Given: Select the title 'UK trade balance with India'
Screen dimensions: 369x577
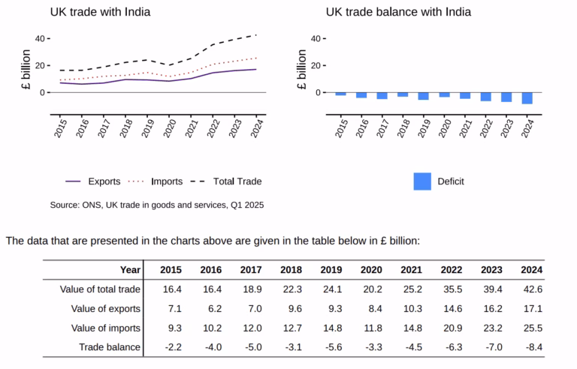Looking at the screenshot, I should tap(398, 12).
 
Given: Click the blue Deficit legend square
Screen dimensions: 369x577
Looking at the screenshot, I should tap(422, 181).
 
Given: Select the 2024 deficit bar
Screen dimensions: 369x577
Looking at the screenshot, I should tap(527, 98).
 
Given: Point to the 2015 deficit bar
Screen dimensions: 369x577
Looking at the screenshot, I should tap(340, 94).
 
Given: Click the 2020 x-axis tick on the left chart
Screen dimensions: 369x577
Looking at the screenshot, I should tap(171, 127).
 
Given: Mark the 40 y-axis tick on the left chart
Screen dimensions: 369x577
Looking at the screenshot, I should tap(38, 38).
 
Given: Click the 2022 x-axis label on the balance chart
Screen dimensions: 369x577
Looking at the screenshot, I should tap(486, 127).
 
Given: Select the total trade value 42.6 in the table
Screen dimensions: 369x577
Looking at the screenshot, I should tap(531, 289).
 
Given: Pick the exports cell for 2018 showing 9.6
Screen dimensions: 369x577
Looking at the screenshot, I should tap(291, 308).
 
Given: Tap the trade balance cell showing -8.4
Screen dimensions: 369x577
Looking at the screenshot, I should tap(530, 346).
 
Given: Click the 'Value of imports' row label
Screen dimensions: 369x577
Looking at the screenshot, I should tap(105, 327).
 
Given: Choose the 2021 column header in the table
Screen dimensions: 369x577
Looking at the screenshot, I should tap(411, 270).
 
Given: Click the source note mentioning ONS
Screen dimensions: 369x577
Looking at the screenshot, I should tap(157, 205).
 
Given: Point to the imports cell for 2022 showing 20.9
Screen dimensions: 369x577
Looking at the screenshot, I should tap(451, 327).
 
